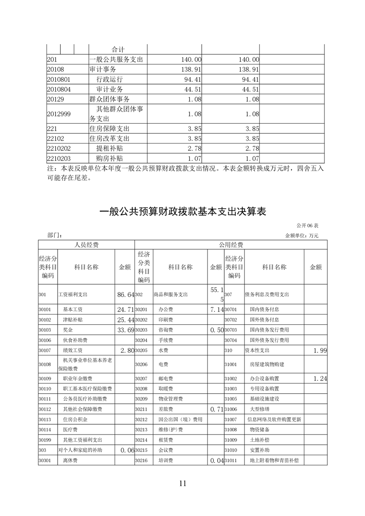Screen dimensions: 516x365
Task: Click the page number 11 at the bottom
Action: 182,483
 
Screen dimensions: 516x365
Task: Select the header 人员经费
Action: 87,245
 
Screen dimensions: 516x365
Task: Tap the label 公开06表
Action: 307,226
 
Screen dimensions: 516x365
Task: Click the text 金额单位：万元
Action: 302,235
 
